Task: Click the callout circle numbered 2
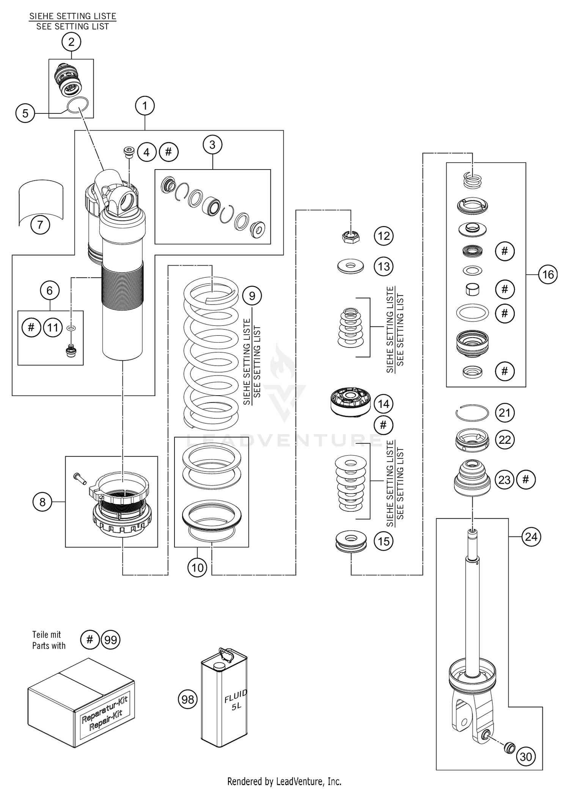[x=71, y=42]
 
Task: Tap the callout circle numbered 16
[x=548, y=274]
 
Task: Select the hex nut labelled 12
[x=351, y=237]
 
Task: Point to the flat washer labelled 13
[x=351, y=266]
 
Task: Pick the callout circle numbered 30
[x=526, y=757]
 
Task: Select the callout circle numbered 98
[x=188, y=699]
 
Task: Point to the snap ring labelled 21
[x=472, y=412]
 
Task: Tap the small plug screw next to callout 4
[x=130, y=151]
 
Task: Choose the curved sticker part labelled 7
[x=41, y=201]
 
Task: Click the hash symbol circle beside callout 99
[x=90, y=640]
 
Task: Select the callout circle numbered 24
[x=531, y=537]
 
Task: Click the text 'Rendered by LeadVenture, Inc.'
[x=284, y=781]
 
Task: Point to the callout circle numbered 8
[x=42, y=502]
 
